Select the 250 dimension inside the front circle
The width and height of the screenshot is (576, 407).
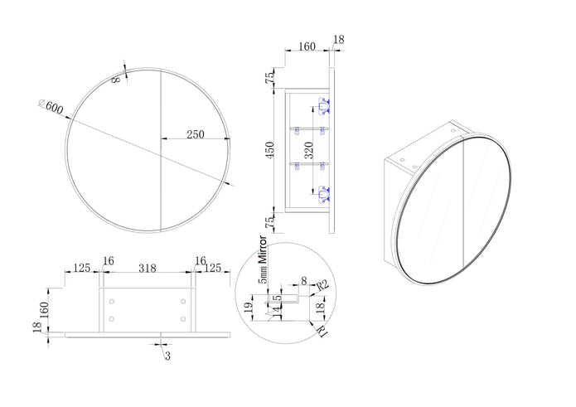pos(196,133)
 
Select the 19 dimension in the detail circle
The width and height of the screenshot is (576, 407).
pos(248,308)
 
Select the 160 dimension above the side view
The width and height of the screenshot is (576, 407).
pos(306,47)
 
